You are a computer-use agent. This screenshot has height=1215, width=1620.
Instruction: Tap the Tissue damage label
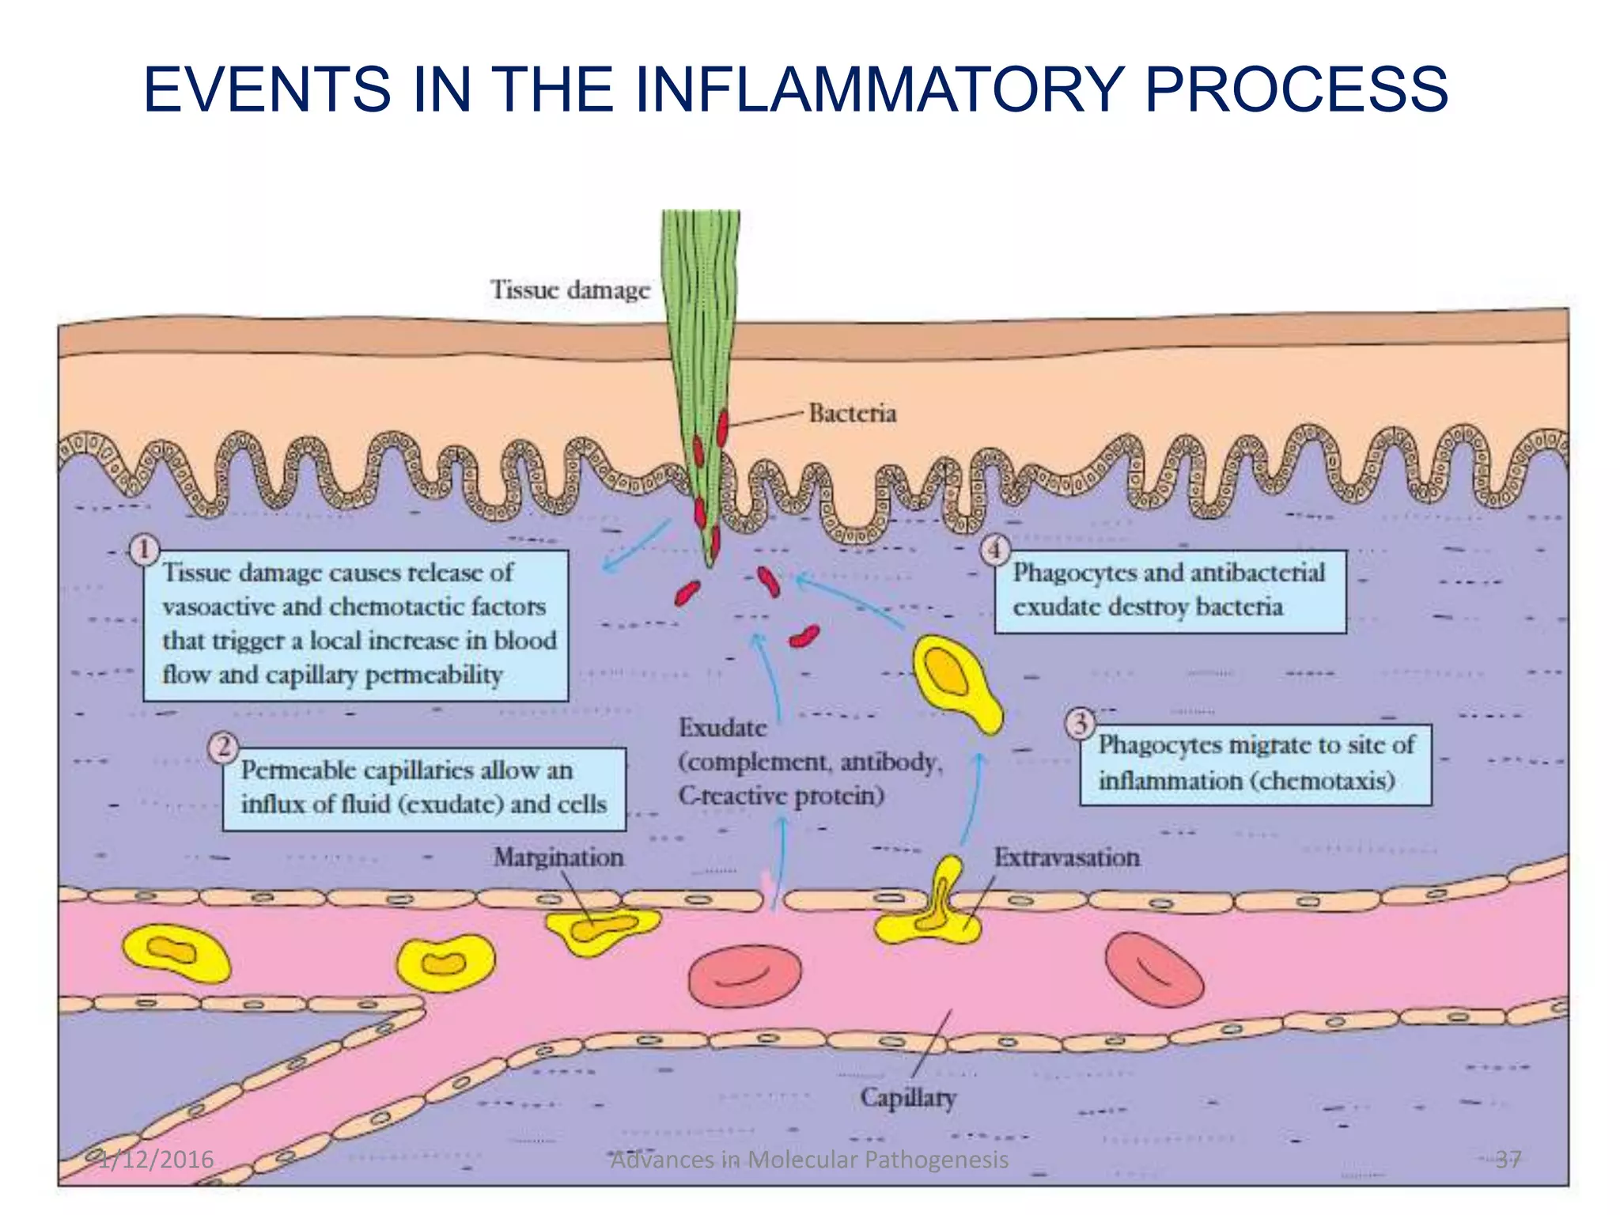click(570, 290)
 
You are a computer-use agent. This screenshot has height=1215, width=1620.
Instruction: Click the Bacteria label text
click(852, 413)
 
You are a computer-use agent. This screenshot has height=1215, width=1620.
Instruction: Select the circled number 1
click(144, 549)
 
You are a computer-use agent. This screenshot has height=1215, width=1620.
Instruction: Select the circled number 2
click(224, 747)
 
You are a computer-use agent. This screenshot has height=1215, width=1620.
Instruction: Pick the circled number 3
click(1080, 723)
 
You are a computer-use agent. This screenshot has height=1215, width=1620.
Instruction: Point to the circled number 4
click(995, 549)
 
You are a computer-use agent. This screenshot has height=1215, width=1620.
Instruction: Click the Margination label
click(558, 857)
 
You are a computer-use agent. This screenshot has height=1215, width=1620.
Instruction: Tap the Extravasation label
click(1066, 857)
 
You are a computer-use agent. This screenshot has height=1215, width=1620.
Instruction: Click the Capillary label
click(908, 1098)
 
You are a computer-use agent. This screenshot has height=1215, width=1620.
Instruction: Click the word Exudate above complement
click(722, 728)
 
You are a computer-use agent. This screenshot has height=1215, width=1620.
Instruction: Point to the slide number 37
click(1508, 1160)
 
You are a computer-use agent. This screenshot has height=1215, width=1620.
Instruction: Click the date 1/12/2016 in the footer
click(157, 1160)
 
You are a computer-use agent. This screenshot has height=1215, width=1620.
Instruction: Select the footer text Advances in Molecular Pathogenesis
click(810, 1160)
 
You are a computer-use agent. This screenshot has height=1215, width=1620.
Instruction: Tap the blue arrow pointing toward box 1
click(636, 544)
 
